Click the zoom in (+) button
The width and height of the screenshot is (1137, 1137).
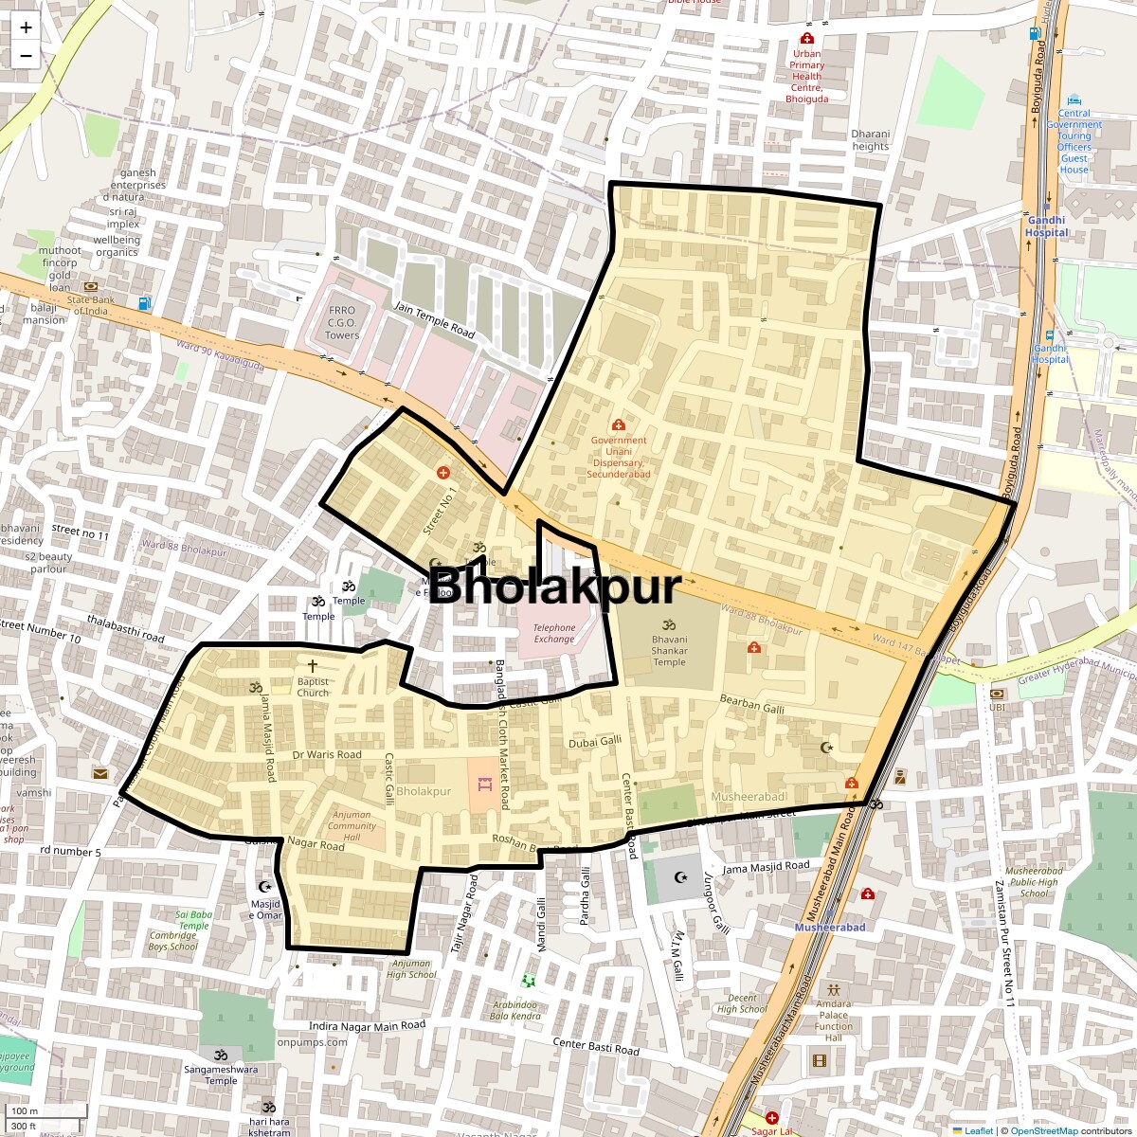[26, 27]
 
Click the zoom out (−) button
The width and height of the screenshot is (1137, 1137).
[26, 56]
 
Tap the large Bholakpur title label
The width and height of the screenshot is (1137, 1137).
[555, 587]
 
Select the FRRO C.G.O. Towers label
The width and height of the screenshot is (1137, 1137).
[342, 322]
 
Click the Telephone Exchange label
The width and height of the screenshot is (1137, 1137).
[554, 633]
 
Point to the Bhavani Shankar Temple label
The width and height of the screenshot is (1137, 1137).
[669, 650]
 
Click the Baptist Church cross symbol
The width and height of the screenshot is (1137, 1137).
[313, 666]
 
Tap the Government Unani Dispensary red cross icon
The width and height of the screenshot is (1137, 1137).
[619, 425]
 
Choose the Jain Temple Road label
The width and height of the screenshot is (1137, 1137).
[434, 319]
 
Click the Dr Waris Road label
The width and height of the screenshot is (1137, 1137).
[327, 755]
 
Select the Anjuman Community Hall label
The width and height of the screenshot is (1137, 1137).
[352, 826]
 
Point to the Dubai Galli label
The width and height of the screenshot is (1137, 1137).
[595, 742]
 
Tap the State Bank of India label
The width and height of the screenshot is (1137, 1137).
[91, 305]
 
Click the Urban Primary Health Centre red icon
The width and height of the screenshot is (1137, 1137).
[806, 39]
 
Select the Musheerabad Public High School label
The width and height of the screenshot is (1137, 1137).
[1034, 882]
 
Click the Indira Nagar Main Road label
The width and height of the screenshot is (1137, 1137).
[368, 1026]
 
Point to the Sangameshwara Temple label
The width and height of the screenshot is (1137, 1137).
[221, 1074]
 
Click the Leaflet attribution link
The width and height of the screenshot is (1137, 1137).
[979, 1130]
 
